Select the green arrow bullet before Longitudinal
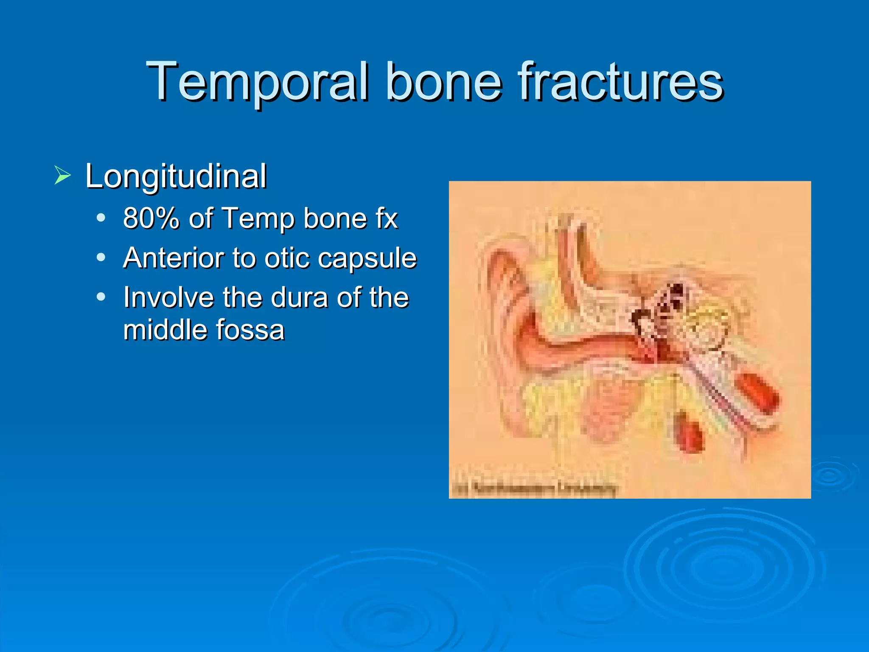62,175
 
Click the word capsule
367,258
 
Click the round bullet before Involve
101,297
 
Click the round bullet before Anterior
101,257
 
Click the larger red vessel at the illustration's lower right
757,393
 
